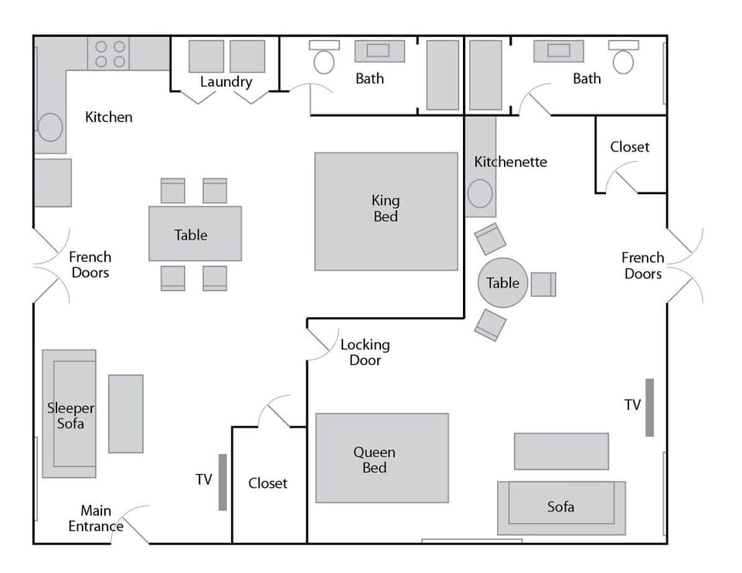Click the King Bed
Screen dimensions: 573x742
[x=386, y=210]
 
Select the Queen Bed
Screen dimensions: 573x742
[x=382, y=458]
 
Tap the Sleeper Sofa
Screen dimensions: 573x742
[x=70, y=414]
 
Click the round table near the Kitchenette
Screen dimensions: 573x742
[x=503, y=283]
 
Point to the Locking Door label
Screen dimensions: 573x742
[x=365, y=353]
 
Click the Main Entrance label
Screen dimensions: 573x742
[x=96, y=519]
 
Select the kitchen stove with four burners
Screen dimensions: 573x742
[x=108, y=54]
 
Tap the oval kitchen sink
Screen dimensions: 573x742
[x=50, y=127]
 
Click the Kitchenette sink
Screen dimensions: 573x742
[x=480, y=193]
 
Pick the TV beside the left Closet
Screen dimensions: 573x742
[x=223, y=482]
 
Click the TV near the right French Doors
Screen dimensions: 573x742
[x=650, y=407]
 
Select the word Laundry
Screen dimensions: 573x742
[x=226, y=81]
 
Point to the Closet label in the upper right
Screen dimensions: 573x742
[x=630, y=147]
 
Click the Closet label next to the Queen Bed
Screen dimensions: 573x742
[x=268, y=483]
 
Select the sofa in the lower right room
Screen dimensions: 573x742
[x=561, y=506]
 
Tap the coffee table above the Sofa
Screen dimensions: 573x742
[x=561, y=451]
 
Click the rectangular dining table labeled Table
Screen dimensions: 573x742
[x=195, y=234]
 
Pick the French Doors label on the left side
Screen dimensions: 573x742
[x=90, y=264]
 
